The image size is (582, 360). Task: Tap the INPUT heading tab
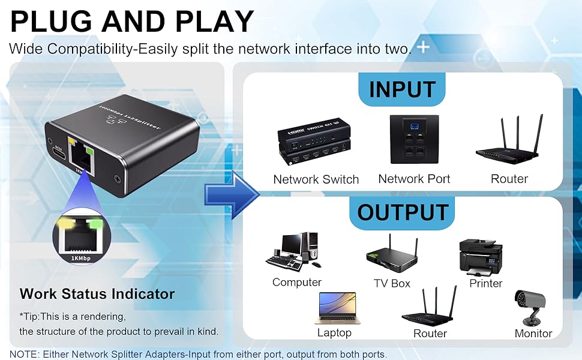402,89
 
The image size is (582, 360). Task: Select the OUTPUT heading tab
403,212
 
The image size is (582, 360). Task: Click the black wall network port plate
414,139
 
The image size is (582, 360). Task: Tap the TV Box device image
392,255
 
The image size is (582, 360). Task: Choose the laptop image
335,308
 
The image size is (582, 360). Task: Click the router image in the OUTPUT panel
429,307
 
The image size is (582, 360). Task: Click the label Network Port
414,179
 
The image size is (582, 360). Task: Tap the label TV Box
392,283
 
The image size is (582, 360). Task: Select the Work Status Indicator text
97,294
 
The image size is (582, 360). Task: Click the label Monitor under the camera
533,333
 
